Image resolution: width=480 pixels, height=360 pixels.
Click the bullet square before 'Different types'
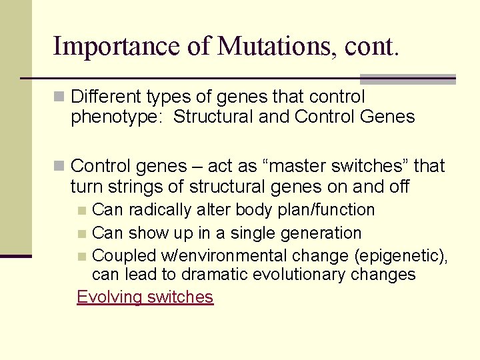[x=60, y=97]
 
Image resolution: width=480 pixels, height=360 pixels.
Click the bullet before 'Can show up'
[x=81, y=234]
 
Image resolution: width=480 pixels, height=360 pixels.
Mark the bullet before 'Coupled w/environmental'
[x=81, y=257]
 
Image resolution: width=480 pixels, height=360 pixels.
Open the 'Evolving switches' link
[x=145, y=297]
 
